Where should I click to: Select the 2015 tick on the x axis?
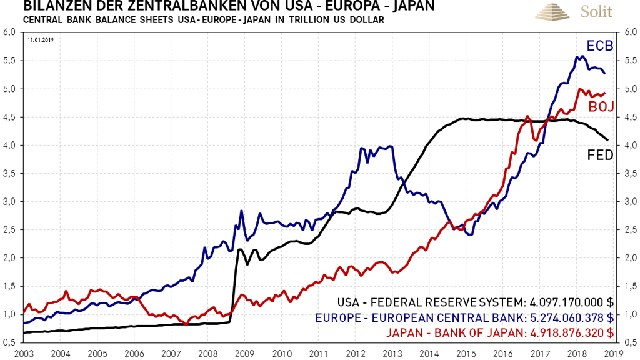[467, 353]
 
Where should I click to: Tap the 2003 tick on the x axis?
[24, 353]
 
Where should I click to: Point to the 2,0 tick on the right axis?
[627, 257]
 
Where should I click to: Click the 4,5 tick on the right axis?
[627, 117]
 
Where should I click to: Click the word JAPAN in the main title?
[404, 7]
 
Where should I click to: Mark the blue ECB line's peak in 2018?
[582, 56]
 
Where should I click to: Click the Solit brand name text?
[596, 11]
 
